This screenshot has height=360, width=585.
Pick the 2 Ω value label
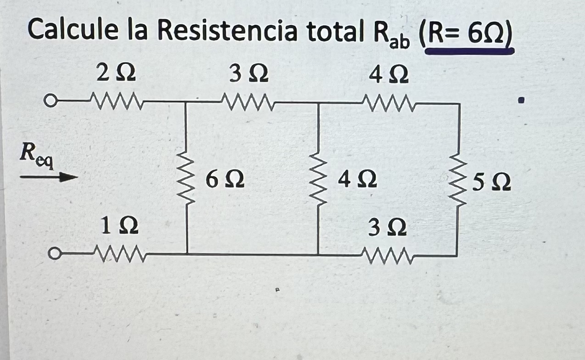point(116,74)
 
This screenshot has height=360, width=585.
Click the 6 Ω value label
point(225,180)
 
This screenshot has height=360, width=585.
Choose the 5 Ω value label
point(491,182)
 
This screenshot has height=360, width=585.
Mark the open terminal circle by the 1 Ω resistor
point(55,253)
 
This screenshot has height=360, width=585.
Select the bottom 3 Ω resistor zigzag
point(388,253)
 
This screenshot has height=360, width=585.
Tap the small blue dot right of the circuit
point(521,100)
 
